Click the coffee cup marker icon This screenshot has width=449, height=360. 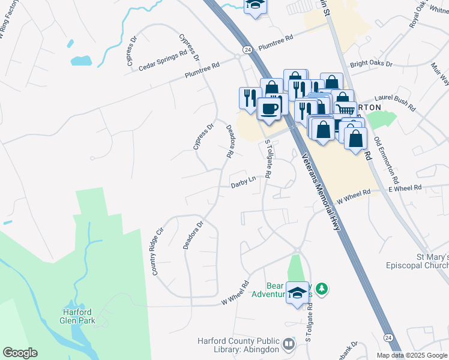coord(268,109)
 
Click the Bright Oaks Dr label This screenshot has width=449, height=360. coord(371,64)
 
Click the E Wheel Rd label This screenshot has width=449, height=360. coord(405,188)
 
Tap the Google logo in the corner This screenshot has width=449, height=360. coord(20,353)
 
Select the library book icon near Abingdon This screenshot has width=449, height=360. coord(289,344)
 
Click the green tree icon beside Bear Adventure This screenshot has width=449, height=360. coord(322,290)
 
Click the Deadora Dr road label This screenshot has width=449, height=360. coord(193,235)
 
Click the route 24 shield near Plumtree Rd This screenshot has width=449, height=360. coord(247,50)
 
